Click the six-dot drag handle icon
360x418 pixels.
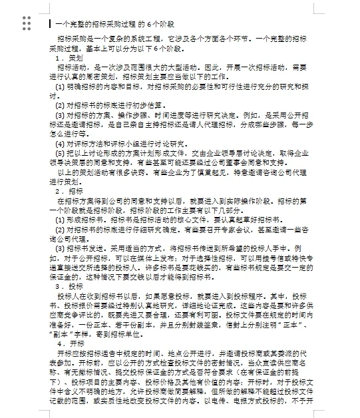[x=27, y=23]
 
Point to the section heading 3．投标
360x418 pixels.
[x=69, y=286]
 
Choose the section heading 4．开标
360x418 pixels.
[x=69, y=343]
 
